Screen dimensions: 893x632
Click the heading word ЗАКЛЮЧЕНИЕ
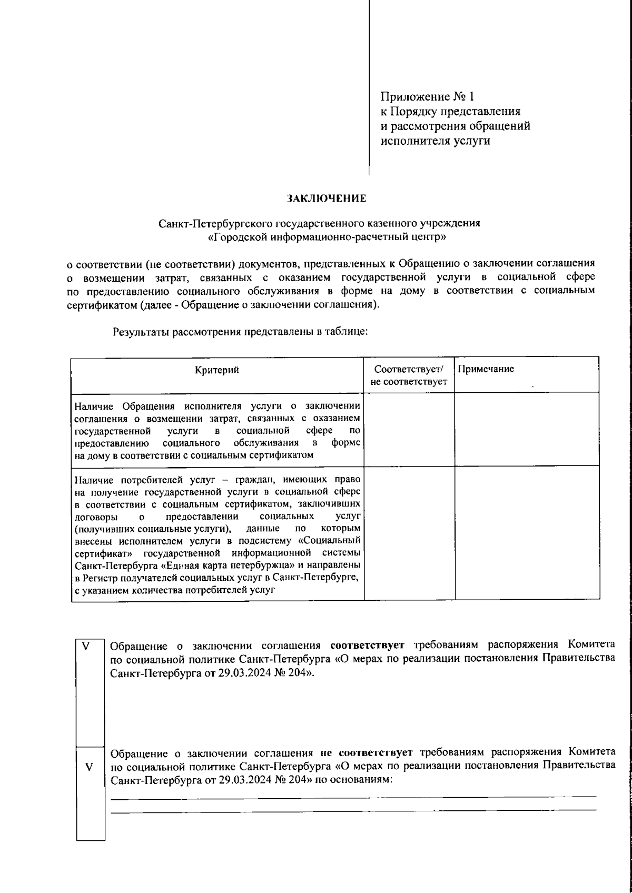click(x=326, y=199)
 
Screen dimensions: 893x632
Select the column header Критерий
click(x=217, y=370)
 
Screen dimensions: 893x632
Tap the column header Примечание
click(x=486, y=369)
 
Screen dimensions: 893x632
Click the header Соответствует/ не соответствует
click(x=409, y=375)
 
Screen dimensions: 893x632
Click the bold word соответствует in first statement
click(x=368, y=645)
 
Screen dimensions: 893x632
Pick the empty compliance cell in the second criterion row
click(x=409, y=532)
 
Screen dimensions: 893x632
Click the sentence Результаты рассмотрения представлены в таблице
click(x=240, y=332)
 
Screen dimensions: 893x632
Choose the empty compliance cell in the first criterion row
click(x=409, y=429)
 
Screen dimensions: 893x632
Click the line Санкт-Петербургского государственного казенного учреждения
click(x=320, y=223)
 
